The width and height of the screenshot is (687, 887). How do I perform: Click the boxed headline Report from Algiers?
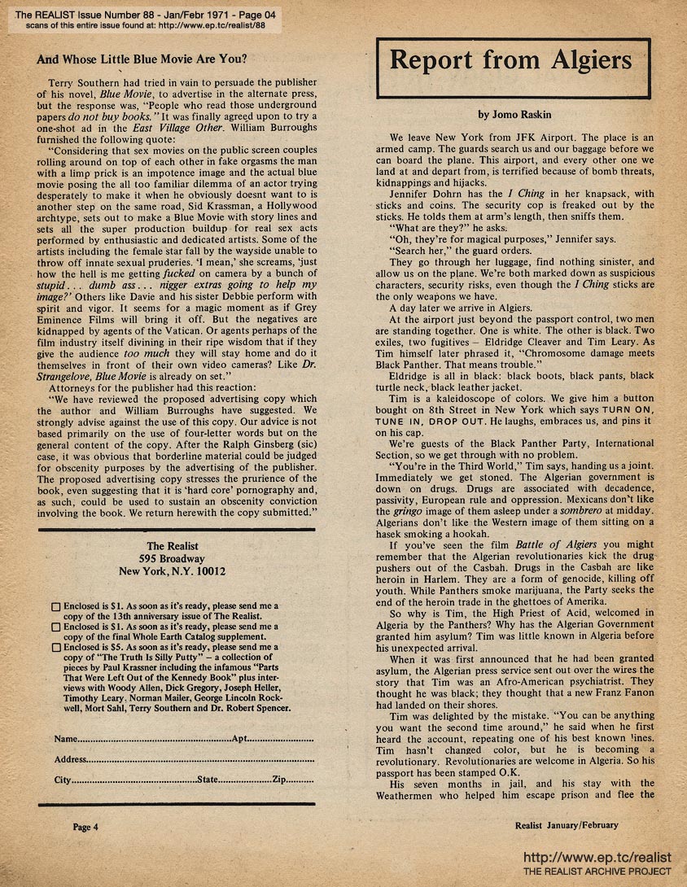(510, 60)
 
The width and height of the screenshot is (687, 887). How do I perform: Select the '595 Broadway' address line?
(172, 559)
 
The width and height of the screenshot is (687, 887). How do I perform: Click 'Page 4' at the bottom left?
(85, 827)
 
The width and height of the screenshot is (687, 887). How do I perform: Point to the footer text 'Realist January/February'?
(567, 825)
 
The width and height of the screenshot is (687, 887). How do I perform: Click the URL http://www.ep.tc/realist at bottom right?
(597, 858)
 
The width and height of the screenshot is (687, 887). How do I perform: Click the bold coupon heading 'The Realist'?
(172, 546)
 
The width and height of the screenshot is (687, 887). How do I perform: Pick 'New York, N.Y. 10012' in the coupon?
(172, 572)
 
